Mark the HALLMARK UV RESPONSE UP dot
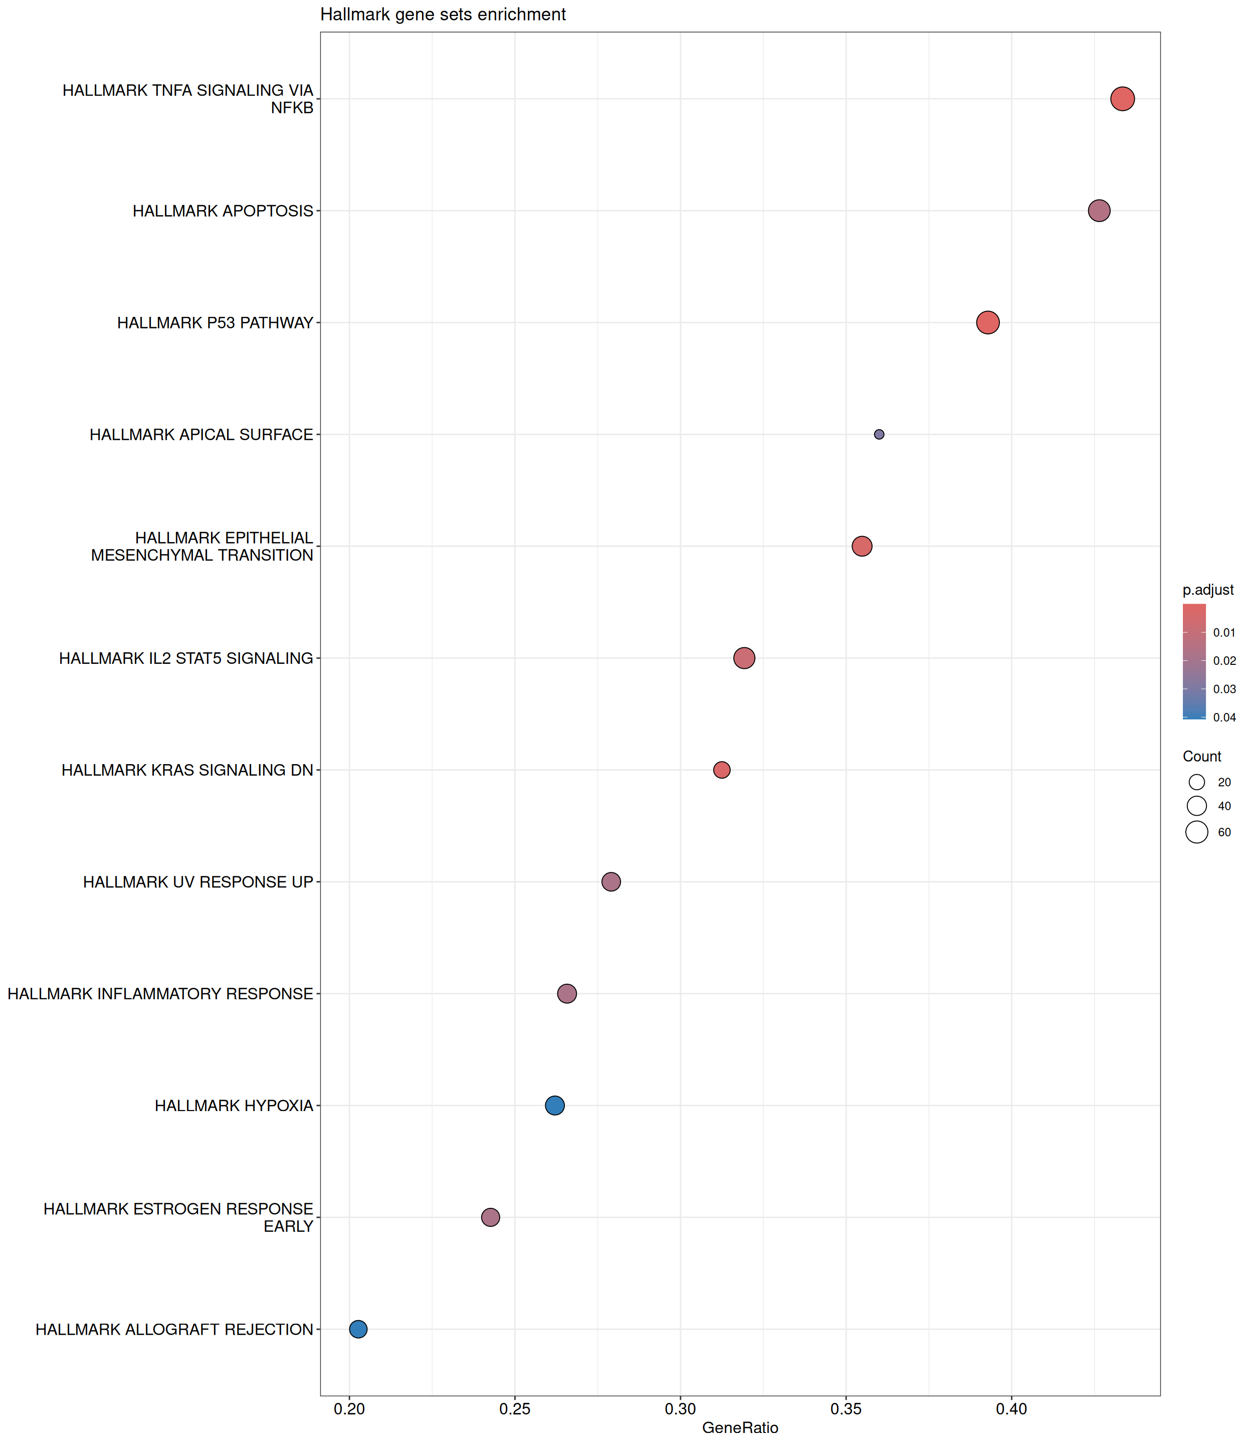coord(611,882)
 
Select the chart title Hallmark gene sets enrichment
coord(443,15)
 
